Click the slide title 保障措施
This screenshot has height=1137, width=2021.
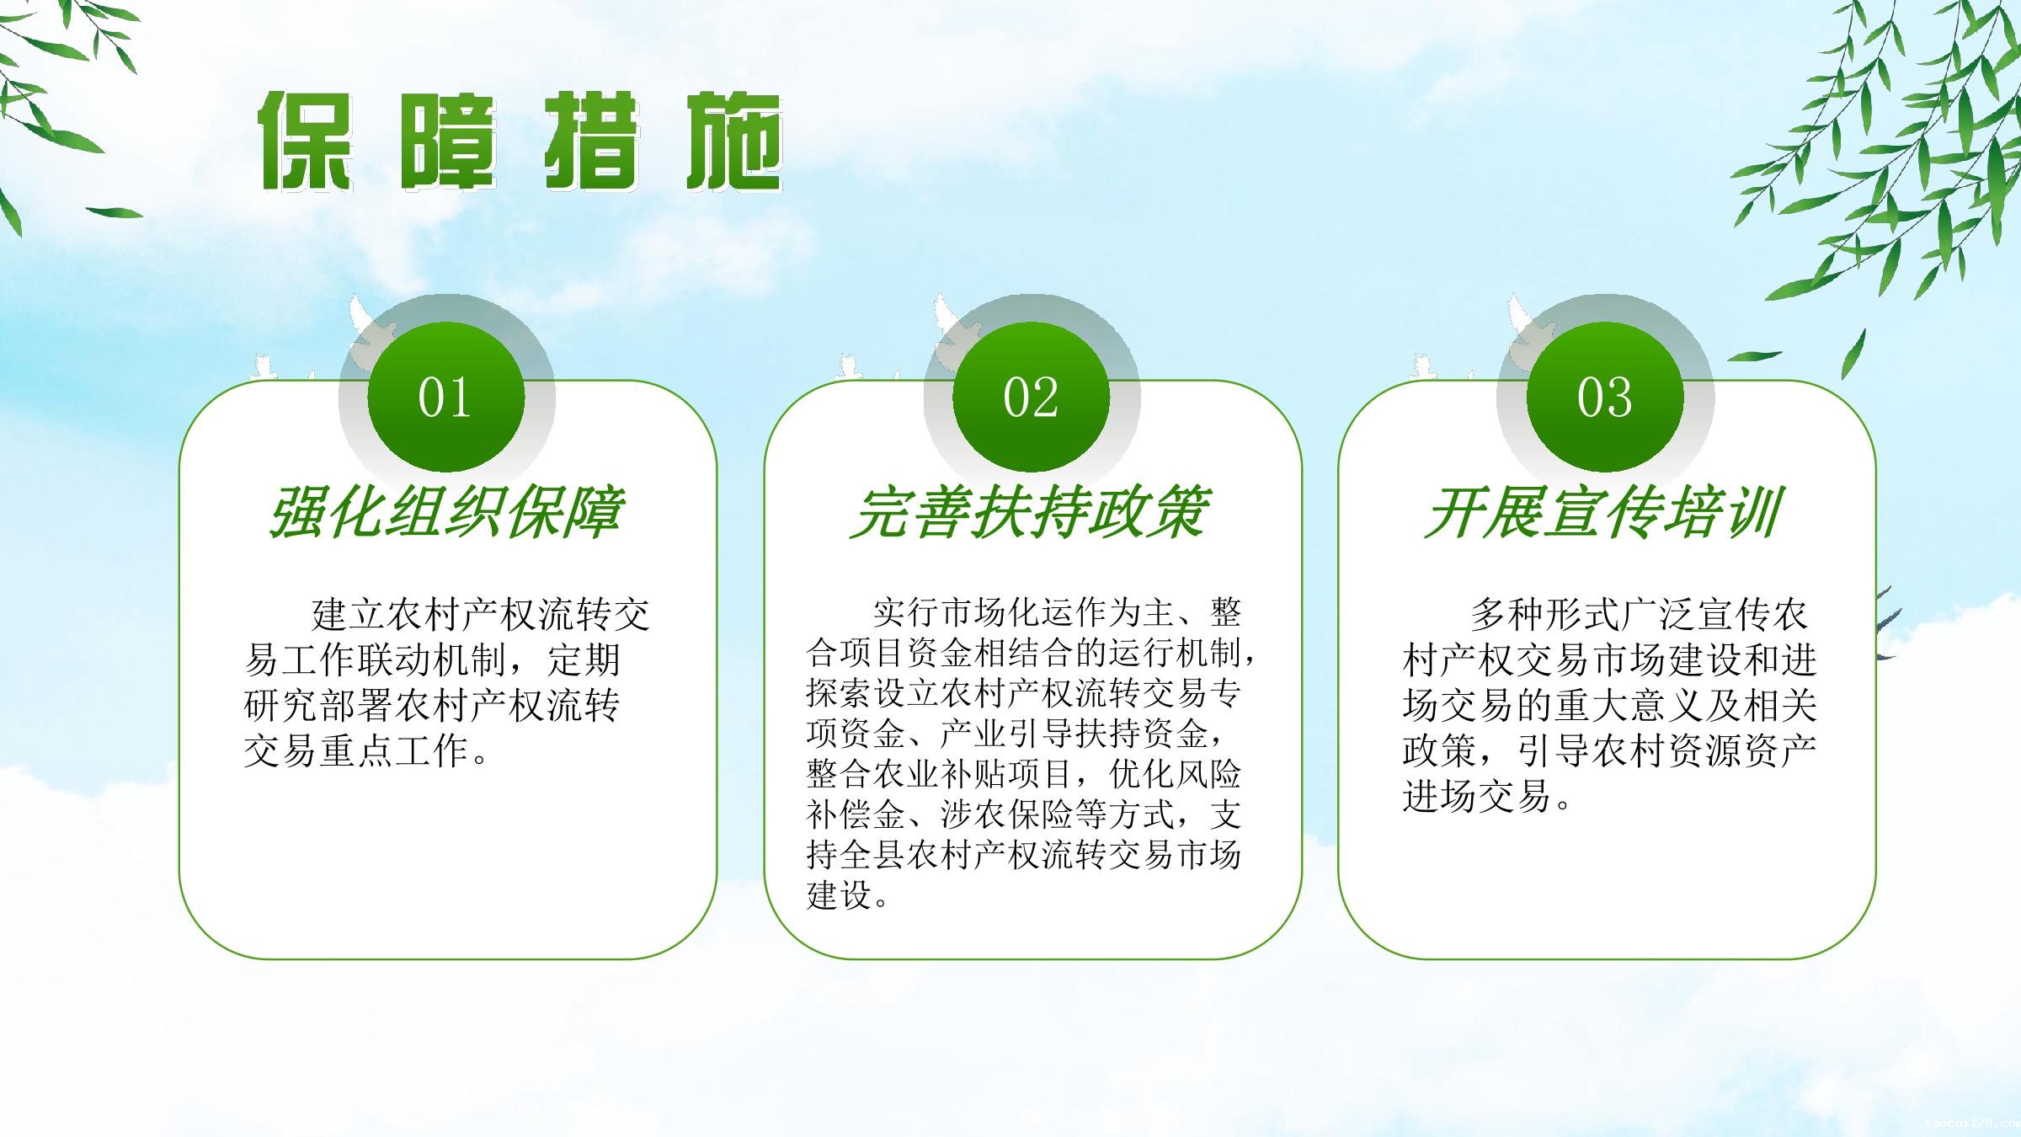520,141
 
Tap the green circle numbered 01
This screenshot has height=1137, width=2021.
446,397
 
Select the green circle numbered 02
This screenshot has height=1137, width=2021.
1031,397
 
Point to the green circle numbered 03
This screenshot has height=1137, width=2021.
1605,397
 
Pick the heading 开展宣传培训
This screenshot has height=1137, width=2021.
1603,512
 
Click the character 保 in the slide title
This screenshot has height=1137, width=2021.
305,141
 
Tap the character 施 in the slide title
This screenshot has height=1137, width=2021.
734,141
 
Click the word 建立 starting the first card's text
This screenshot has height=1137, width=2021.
349,614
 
